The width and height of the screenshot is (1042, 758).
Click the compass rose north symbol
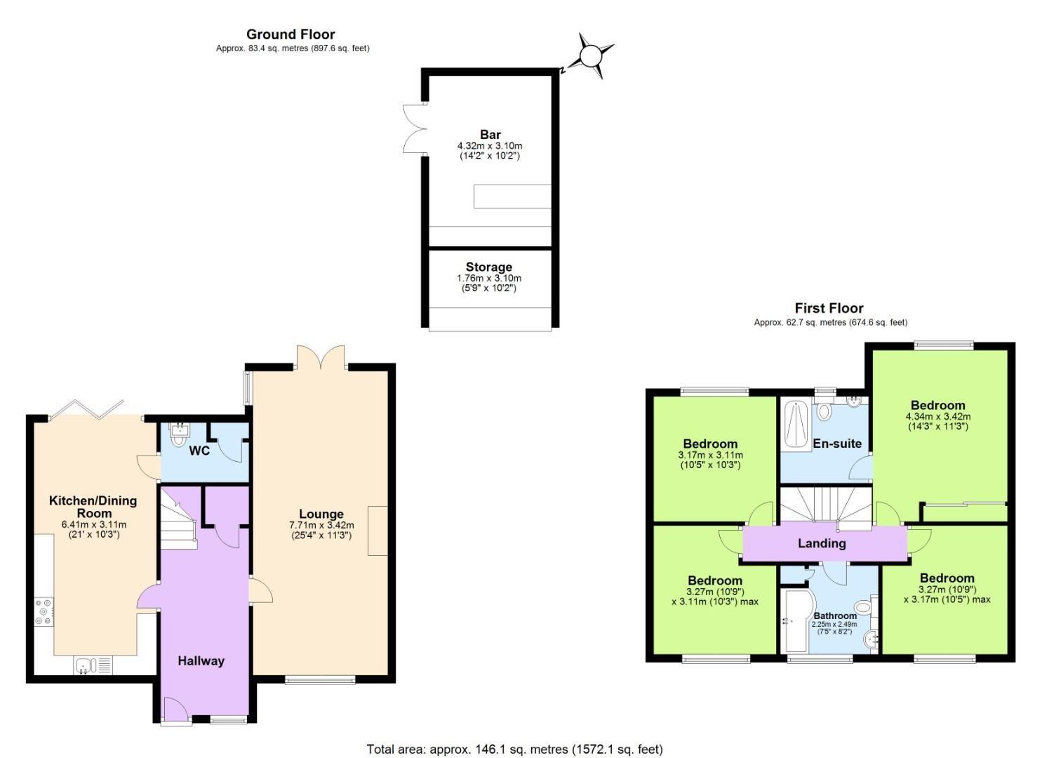click(589, 55)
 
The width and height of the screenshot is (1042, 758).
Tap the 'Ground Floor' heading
click(290, 34)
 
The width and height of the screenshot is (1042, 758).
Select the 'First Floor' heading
click(829, 308)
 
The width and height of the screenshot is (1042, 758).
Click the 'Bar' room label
click(490, 135)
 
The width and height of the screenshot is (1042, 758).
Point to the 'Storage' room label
click(489, 267)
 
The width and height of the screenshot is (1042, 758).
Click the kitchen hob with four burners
click(43, 611)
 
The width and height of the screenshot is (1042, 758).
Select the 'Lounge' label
click(321, 514)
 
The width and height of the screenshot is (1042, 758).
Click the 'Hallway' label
click(201, 660)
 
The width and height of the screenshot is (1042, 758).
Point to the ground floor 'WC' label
click(199, 451)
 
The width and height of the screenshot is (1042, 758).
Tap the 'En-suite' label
click(837, 444)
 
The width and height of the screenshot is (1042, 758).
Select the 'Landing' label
click(822, 543)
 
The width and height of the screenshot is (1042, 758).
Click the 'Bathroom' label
click(835, 616)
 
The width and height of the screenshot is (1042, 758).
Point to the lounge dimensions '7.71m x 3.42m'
click(321, 525)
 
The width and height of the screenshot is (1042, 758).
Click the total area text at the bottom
click(514, 749)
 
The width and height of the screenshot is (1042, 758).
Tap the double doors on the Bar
click(414, 128)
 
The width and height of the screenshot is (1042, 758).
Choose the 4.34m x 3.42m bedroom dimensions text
click(938, 416)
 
